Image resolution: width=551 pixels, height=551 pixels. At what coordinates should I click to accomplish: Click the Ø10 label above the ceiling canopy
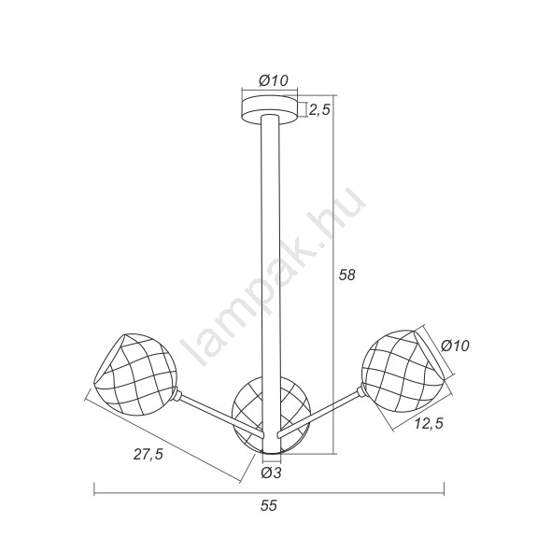coord(274,81)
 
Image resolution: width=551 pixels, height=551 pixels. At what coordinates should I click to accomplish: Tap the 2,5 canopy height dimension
coord(319,109)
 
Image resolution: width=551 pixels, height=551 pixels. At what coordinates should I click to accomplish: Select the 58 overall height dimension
coord(347,275)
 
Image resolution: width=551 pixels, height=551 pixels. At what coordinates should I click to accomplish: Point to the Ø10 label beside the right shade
coord(455,346)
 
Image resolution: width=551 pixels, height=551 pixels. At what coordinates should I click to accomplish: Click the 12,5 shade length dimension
coord(429,423)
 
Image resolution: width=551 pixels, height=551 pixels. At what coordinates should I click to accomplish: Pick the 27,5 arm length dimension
coord(148,455)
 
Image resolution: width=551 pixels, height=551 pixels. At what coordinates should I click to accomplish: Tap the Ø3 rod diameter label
coord(271,473)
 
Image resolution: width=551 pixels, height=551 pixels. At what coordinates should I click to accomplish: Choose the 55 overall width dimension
coord(269,505)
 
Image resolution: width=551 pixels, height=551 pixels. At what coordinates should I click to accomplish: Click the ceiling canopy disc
coord(270,109)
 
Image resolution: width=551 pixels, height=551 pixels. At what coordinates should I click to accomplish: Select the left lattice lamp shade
coord(135,374)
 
